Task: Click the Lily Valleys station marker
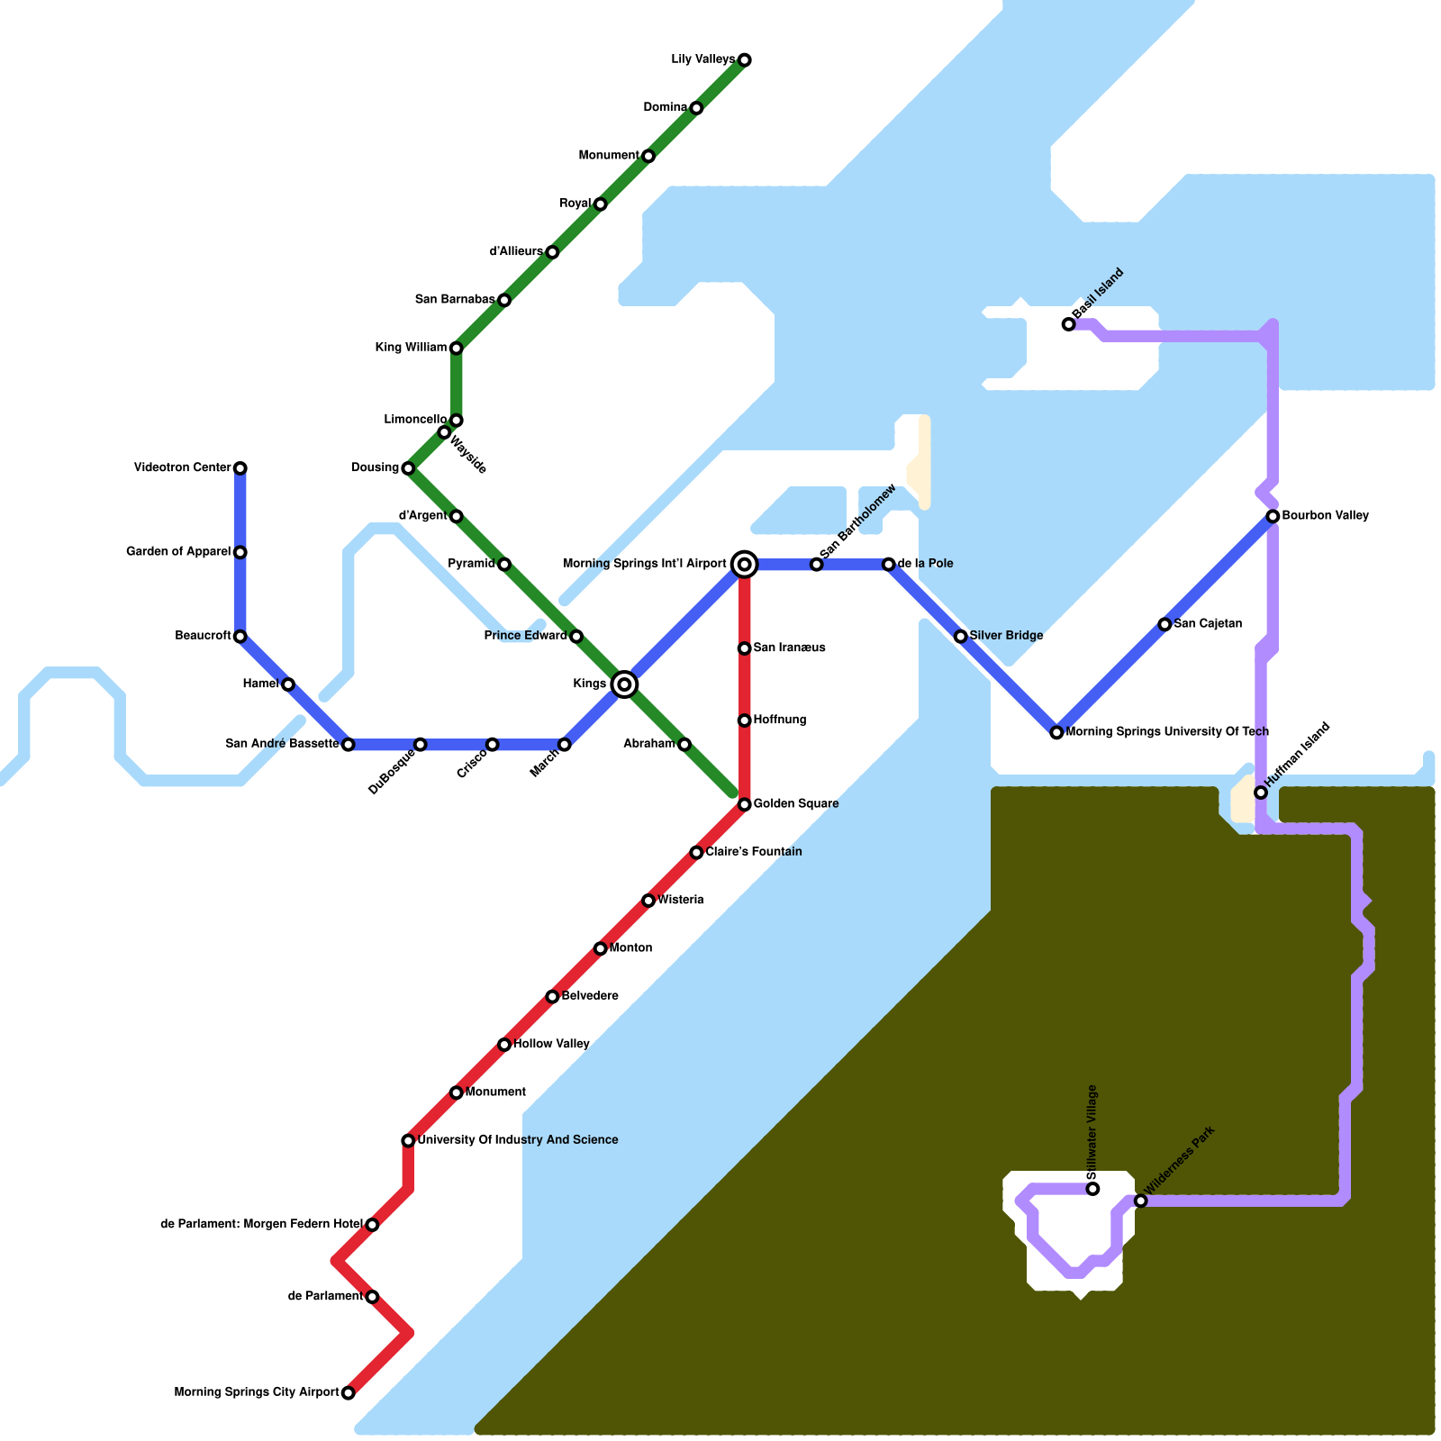(x=745, y=60)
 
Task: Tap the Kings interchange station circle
(x=624, y=684)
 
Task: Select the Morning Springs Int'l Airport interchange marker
(x=745, y=565)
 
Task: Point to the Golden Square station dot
(x=745, y=804)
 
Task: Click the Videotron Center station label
(x=183, y=467)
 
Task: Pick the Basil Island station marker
(x=1068, y=324)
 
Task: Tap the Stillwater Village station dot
(x=1092, y=1189)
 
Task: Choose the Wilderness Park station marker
(x=1140, y=1201)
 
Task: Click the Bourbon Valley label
(x=1325, y=516)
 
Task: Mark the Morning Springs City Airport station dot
(x=349, y=1393)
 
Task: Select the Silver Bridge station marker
(x=961, y=637)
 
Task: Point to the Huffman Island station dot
(x=1261, y=793)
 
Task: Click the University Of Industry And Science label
(x=518, y=1140)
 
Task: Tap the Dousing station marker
(x=408, y=468)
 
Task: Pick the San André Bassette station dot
(x=349, y=745)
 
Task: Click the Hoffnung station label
(x=780, y=720)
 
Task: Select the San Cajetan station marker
(x=1165, y=624)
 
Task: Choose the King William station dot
(x=457, y=349)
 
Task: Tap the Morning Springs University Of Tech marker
(x=1056, y=732)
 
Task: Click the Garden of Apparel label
(x=178, y=551)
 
